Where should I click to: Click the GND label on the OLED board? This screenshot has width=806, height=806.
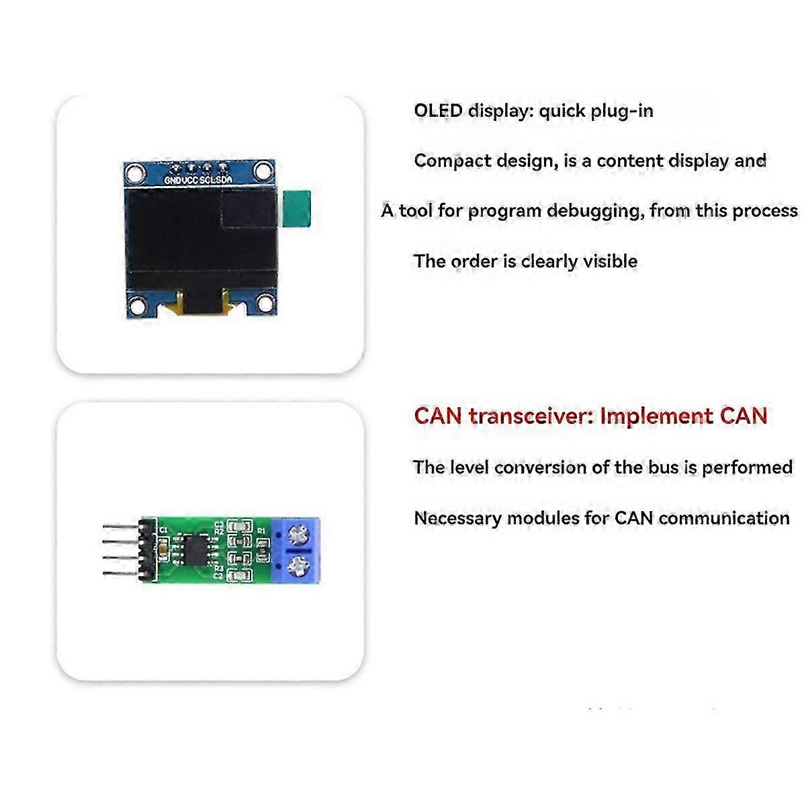[x=173, y=180]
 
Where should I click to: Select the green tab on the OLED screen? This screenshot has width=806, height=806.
[x=298, y=208]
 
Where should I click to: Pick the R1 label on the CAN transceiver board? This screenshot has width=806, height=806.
[x=262, y=531]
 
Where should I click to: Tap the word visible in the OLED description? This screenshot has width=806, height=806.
[x=610, y=261]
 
